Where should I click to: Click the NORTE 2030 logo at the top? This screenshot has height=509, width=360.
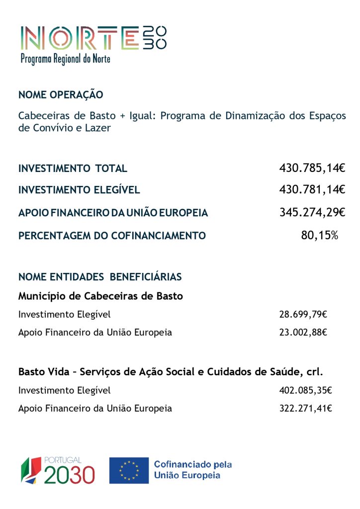pyautogui.click(x=93, y=38)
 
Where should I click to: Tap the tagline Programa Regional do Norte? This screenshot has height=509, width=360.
pyautogui.click(x=65, y=59)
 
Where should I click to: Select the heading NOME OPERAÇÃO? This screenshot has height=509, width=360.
pyautogui.click(x=61, y=94)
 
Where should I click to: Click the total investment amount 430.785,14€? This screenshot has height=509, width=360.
pyautogui.click(x=312, y=168)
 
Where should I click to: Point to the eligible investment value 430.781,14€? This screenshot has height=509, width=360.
pyautogui.click(x=312, y=189)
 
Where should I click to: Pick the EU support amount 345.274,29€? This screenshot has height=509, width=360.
pyautogui.click(x=312, y=212)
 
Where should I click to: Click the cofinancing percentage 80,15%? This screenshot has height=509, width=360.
pyautogui.click(x=319, y=235)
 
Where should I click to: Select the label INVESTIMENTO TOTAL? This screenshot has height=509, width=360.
pyautogui.click(x=73, y=169)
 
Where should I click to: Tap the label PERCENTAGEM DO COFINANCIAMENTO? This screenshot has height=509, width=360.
pyautogui.click(x=112, y=236)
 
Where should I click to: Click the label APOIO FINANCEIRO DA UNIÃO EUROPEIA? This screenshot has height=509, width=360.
pyautogui.click(x=113, y=213)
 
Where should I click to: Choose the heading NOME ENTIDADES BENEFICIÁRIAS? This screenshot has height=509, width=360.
pyautogui.click(x=100, y=276)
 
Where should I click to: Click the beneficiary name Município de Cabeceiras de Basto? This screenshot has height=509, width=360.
pyautogui.click(x=100, y=296)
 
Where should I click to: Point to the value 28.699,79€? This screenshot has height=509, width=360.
pyautogui.click(x=303, y=314)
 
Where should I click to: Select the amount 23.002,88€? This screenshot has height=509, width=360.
pyautogui.click(x=303, y=332)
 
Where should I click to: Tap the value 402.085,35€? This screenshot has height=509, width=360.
pyautogui.click(x=305, y=390)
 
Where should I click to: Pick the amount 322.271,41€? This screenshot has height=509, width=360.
pyautogui.click(x=305, y=409)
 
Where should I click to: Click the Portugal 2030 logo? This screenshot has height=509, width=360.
pyautogui.click(x=58, y=470)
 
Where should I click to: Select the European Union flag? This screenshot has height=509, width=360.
pyautogui.click(x=129, y=470)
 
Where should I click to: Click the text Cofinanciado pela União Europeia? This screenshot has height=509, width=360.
pyautogui.click(x=192, y=470)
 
